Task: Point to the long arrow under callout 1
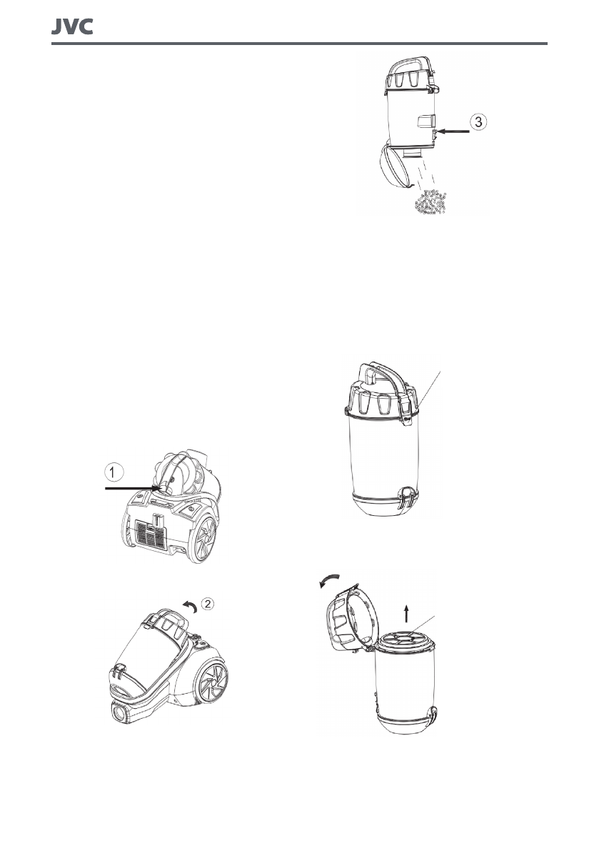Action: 132,489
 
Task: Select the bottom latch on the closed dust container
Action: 408,495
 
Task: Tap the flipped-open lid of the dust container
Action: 346,617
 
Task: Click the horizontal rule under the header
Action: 299,44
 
